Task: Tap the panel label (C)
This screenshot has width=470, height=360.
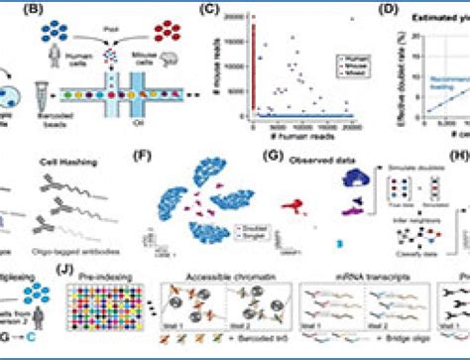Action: (236, 13)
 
